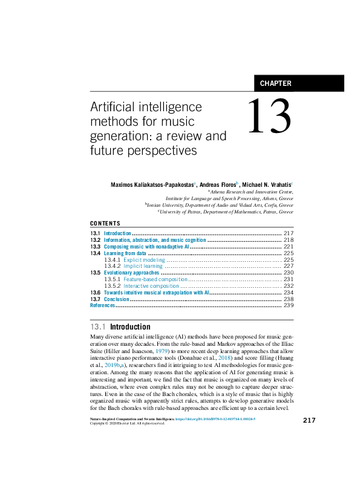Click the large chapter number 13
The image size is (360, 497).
tap(269, 117)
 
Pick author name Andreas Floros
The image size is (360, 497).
tap(217, 184)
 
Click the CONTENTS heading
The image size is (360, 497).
tap(105, 224)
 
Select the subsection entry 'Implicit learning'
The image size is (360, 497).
tap(143, 266)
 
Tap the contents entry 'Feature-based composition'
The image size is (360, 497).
tap(155, 279)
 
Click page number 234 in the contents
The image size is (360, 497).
tap(288, 292)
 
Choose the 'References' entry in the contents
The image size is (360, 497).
tap(102, 305)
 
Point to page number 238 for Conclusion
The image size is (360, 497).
tap(288, 299)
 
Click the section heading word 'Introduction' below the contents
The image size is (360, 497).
tap(130, 327)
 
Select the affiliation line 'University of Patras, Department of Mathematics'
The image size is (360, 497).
tap(227, 212)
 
